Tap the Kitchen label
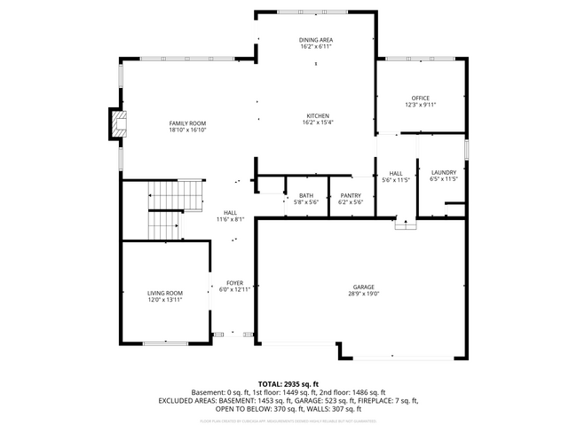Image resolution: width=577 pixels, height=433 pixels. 318,116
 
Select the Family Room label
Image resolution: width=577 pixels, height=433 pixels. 188,123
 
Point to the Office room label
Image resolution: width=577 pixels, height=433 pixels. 420,98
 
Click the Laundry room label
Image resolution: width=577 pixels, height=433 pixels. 443,172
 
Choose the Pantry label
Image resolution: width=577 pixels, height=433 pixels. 351,196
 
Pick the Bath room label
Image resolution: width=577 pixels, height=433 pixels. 305,196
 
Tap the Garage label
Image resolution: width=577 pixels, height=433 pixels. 363,287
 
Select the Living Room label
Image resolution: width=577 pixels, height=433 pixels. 165,293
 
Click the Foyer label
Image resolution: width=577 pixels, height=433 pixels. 234,283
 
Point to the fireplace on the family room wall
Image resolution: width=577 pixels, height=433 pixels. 115,124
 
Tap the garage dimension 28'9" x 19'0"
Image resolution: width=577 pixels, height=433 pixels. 363,294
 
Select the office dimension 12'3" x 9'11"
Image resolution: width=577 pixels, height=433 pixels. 420,105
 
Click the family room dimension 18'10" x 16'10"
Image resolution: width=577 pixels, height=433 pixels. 188,130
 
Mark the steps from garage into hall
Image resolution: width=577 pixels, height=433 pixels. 406,225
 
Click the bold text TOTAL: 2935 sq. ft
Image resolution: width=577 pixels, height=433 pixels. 288,382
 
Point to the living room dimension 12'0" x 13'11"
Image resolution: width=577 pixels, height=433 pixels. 165,300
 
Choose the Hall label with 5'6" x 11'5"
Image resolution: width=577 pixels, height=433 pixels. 396,173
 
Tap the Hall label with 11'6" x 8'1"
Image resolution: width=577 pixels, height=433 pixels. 230,213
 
